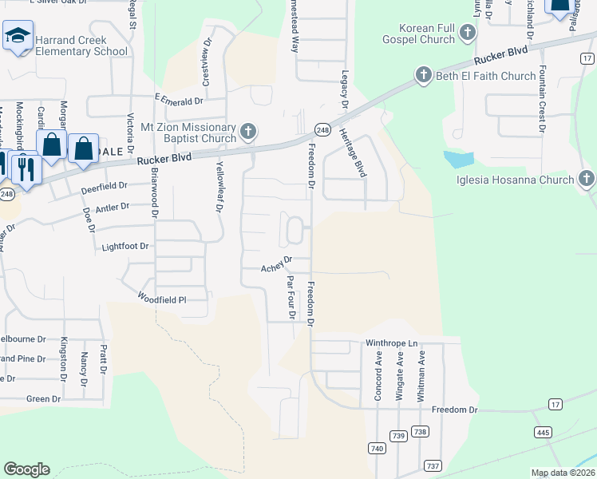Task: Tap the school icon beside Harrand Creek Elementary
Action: pyautogui.click(x=17, y=36)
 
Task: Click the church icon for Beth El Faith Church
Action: pyautogui.click(x=423, y=76)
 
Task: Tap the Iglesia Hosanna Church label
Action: pyautogui.click(x=516, y=179)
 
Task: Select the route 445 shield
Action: pyautogui.click(x=543, y=432)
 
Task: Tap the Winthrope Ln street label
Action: pyautogui.click(x=392, y=343)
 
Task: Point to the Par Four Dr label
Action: pyautogui.click(x=291, y=297)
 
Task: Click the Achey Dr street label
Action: pyautogui.click(x=278, y=263)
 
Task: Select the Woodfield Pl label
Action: pyautogui.click(x=161, y=297)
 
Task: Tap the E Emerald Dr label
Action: pyautogui.click(x=179, y=101)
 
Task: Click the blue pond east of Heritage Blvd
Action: pyautogui.click(x=458, y=159)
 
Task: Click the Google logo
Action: pyautogui.click(x=27, y=469)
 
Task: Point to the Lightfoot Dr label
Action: pyautogui.click(x=125, y=247)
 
